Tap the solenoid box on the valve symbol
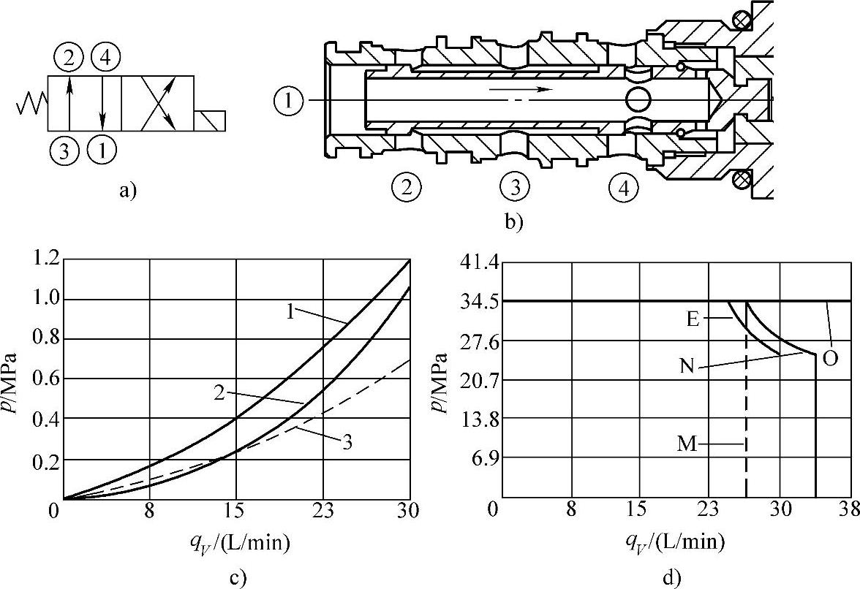coord(209,121)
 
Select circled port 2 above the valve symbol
coord(69,58)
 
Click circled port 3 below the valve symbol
coord(64,150)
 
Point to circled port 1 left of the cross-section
coord(289,102)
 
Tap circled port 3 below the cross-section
coord(516,189)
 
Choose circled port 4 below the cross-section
coord(625,189)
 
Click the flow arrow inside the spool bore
coord(519,89)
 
